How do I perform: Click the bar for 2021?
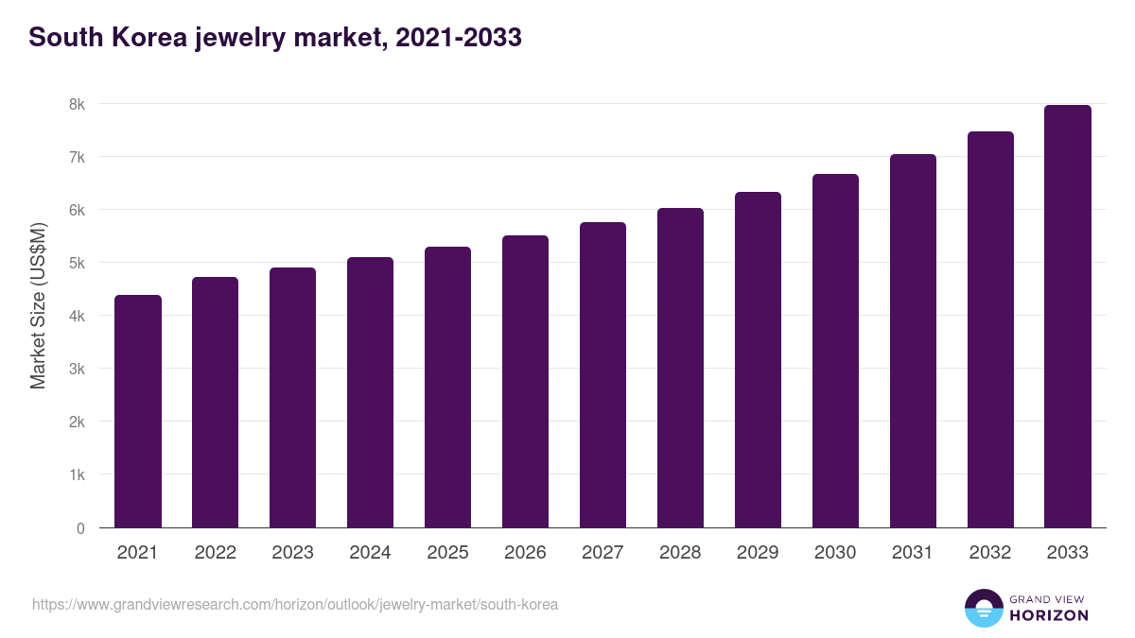[138, 411]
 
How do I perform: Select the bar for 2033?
[1068, 317]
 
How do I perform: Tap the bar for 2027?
[602, 375]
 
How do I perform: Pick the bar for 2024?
[370, 392]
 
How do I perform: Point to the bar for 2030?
[835, 351]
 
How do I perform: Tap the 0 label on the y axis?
[80, 528]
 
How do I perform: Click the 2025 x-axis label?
[447, 553]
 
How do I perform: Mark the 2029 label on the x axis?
[758, 553]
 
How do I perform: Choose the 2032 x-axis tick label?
[990, 553]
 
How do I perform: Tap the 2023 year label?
[292, 553]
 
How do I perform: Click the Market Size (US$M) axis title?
[38, 305]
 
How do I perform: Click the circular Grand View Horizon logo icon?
[983, 608]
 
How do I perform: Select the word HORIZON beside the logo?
[1049, 615]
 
